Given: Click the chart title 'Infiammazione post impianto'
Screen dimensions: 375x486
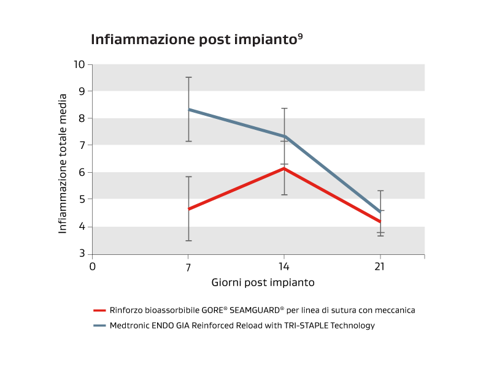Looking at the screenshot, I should (x=193, y=40).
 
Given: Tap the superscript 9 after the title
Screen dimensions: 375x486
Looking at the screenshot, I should (x=300, y=36).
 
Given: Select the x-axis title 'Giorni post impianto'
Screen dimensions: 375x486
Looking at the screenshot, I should (x=263, y=282).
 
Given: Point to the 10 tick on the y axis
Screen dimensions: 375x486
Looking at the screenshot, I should (x=79, y=64).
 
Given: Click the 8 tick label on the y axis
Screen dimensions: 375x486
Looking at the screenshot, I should (x=82, y=118).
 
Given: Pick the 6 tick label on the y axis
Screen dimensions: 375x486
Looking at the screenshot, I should (x=82, y=172).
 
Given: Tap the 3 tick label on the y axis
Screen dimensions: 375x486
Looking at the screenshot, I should (x=82, y=254).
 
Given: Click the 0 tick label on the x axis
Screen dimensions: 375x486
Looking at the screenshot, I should (x=93, y=267).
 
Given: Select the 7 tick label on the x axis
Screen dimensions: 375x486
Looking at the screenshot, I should (x=188, y=267).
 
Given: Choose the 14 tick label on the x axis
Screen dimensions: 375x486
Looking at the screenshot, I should (x=284, y=267).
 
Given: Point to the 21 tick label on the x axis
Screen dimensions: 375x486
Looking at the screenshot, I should (x=380, y=267).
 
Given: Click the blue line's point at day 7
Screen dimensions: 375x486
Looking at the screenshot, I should (x=188, y=109).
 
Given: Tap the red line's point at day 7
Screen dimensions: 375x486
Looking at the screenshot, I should (x=188, y=209).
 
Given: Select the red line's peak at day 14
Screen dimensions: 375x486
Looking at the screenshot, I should (x=284, y=168).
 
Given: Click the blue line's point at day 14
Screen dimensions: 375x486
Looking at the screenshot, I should (x=284, y=136).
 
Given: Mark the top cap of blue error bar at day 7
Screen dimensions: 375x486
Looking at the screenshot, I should (x=188, y=77).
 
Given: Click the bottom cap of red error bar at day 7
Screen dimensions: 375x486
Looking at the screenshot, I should (x=188, y=241).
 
